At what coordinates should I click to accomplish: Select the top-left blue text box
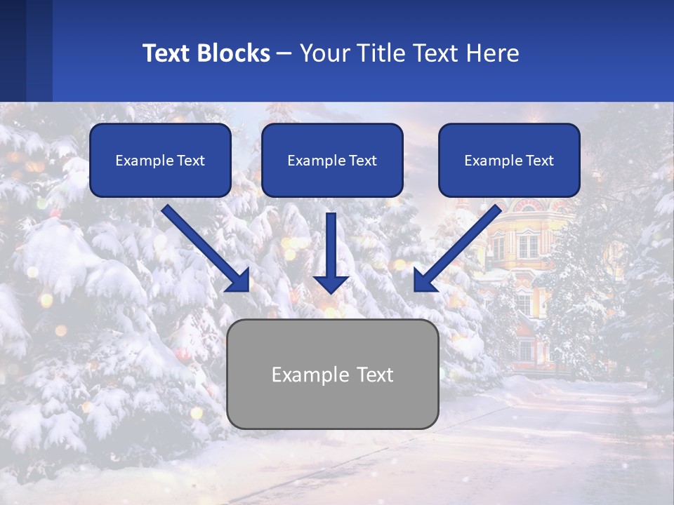pos(160,160)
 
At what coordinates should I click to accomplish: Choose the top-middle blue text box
pos(332,160)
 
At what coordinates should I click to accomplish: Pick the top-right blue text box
pos(509,160)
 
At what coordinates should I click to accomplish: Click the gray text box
pos(332,375)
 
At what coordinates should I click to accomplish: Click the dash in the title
pos(284,53)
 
